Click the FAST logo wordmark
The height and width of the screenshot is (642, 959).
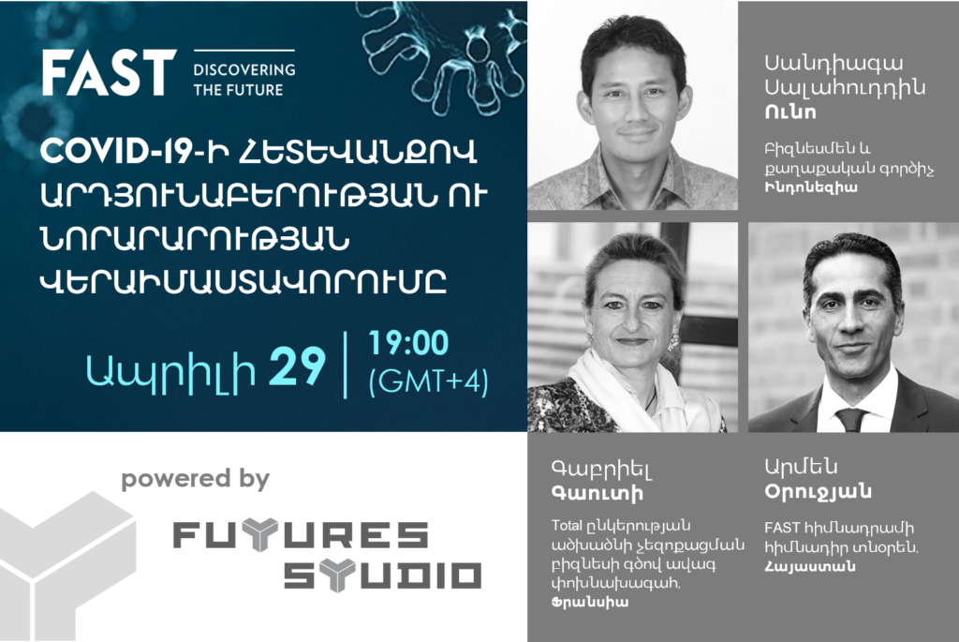(x=109, y=73)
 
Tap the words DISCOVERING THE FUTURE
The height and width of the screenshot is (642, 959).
(x=244, y=80)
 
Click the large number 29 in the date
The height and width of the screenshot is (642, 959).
(x=297, y=366)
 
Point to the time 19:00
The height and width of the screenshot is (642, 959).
(x=408, y=343)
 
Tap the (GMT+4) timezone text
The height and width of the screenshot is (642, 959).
(x=428, y=381)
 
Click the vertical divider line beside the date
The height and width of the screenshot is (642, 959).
(x=346, y=366)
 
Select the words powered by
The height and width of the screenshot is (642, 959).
(x=195, y=479)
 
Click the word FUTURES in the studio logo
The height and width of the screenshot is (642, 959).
(x=301, y=534)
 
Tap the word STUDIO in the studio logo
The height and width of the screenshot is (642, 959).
(x=382, y=575)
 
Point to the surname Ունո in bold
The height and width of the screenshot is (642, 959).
(x=790, y=112)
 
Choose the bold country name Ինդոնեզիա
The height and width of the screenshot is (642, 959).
(x=810, y=187)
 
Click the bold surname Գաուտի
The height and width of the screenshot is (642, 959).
(x=597, y=492)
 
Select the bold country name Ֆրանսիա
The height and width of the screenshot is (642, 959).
(x=590, y=603)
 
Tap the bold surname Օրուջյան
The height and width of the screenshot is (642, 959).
(x=818, y=491)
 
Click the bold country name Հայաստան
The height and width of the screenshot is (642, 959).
(x=810, y=566)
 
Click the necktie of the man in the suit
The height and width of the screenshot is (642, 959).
(x=850, y=420)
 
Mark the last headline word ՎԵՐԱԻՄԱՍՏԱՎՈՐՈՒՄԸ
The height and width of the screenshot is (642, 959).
(x=243, y=282)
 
